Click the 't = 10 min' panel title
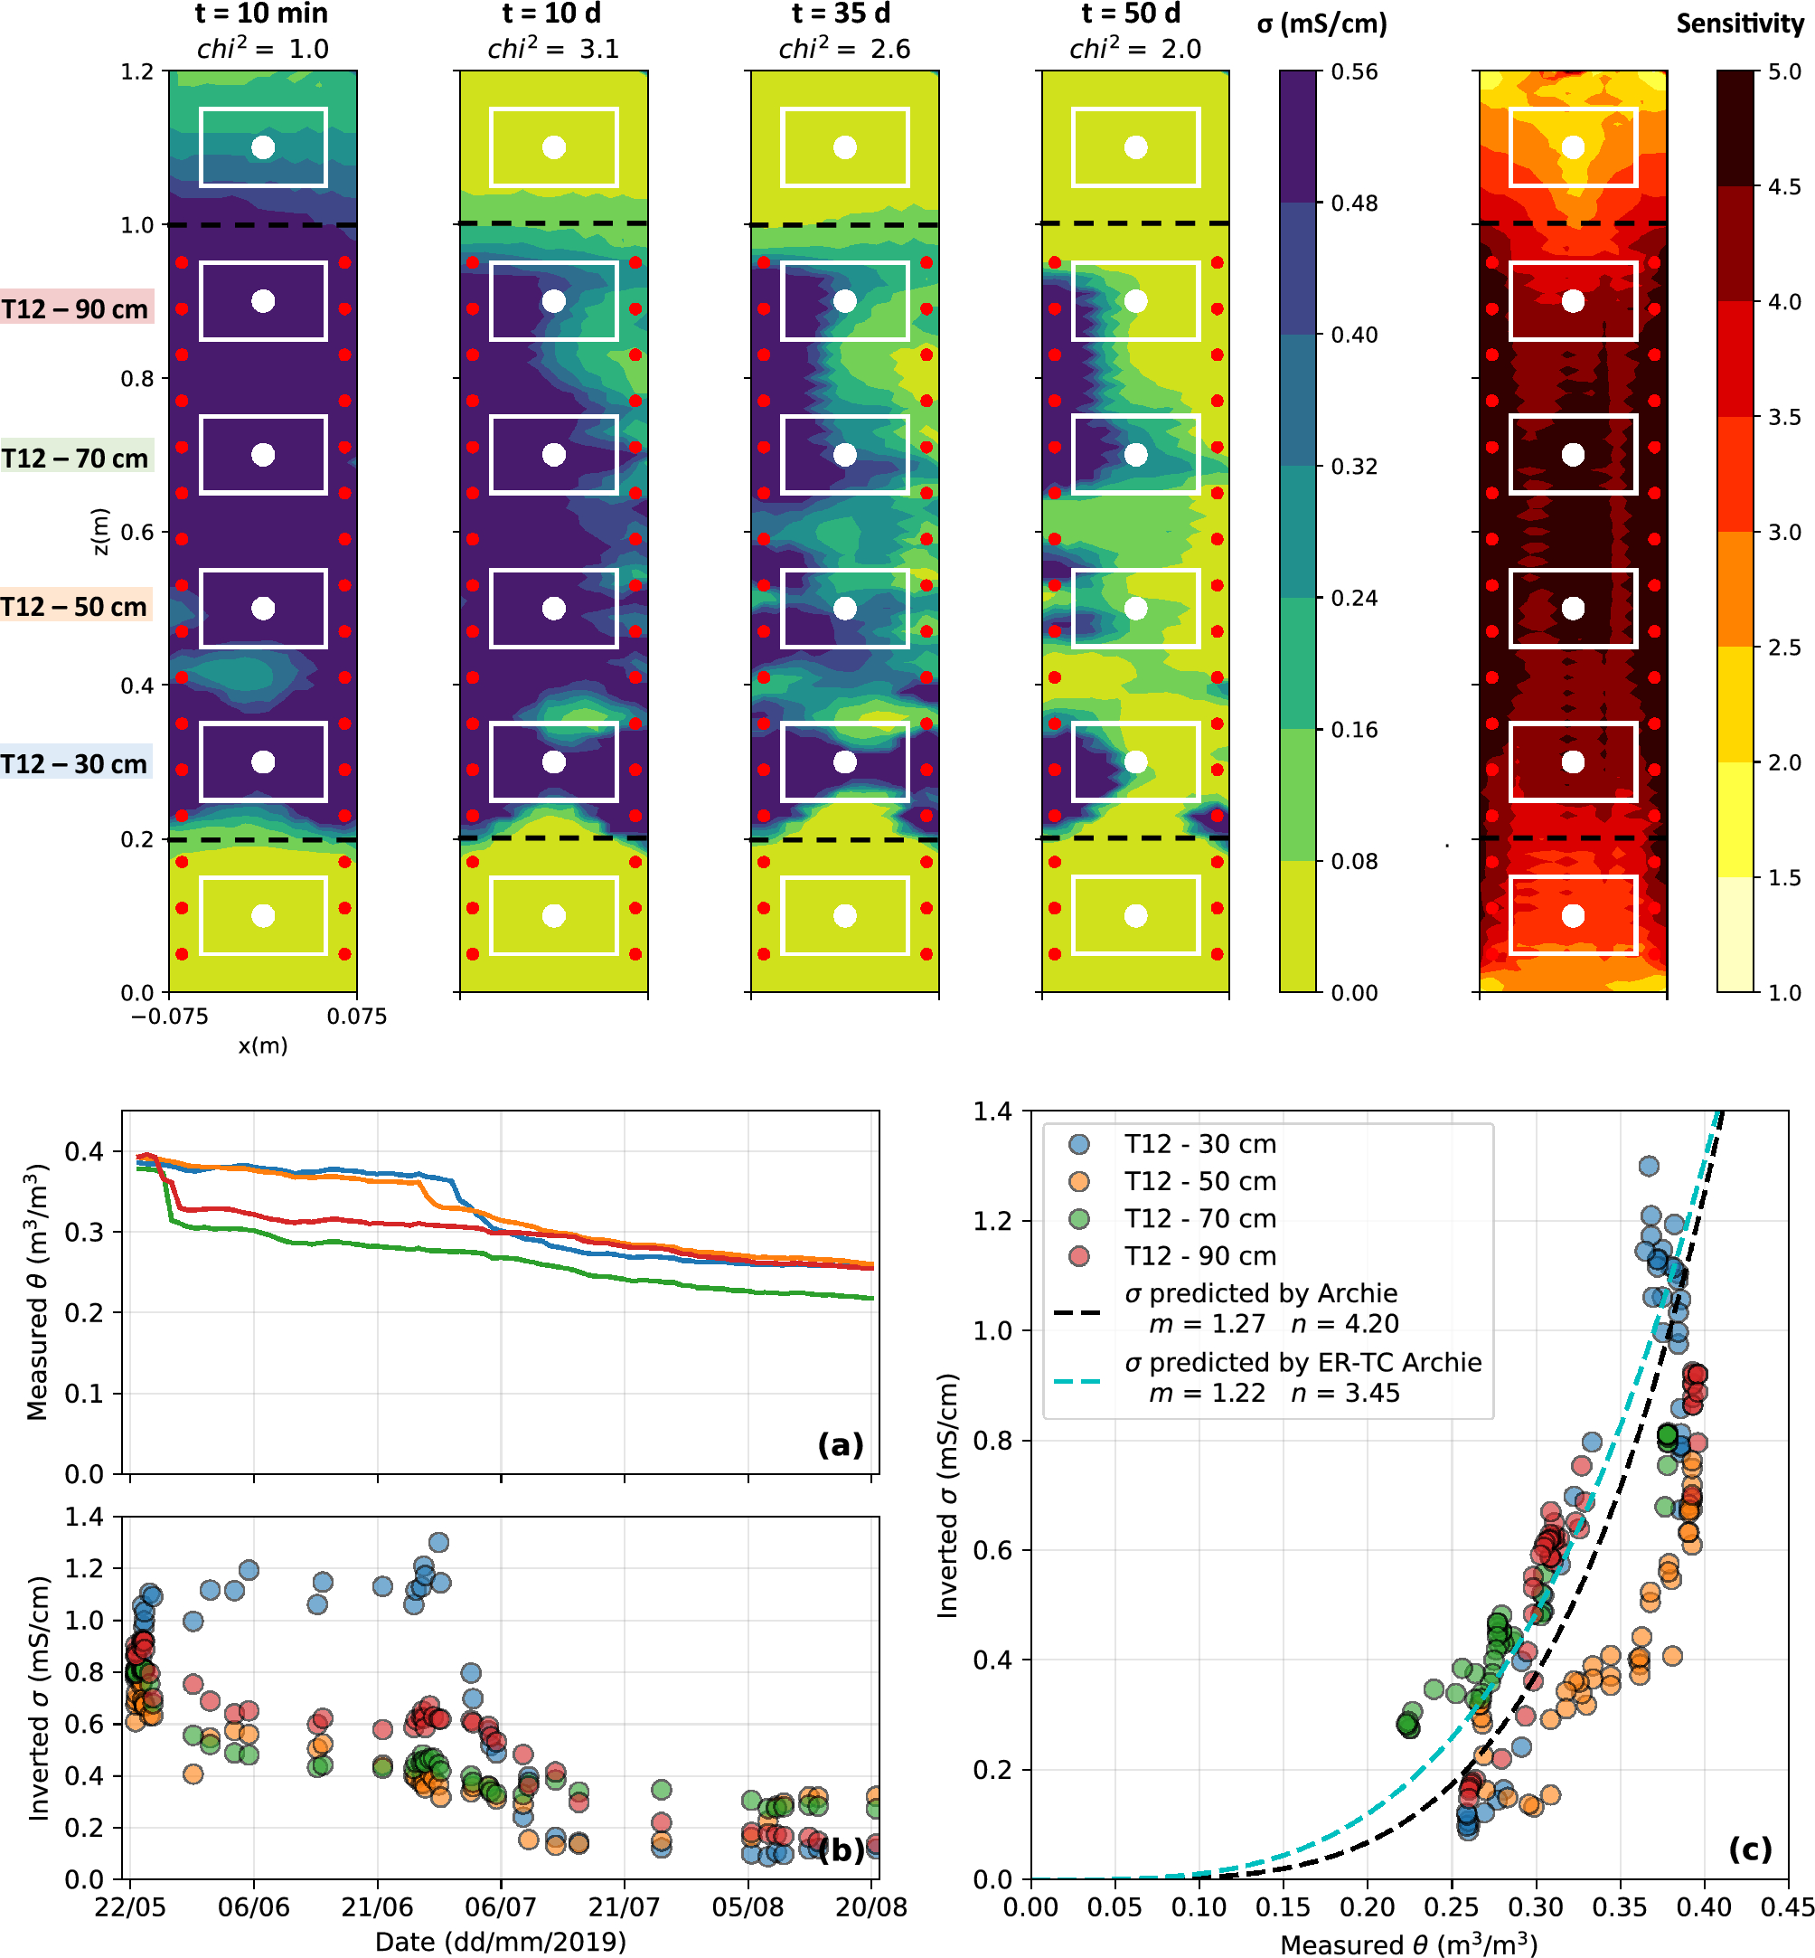[x=261, y=14]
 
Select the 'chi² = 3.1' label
[x=553, y=48]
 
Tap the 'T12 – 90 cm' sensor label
[x=76, y=309]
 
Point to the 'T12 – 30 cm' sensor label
[x=76, y=764]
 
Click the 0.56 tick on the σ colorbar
[x=1354, y=71]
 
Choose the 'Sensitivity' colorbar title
[x=1738, y=24]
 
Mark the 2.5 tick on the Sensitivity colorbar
[x=1783, y=648]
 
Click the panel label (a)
[x=840, y=1443]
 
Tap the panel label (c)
[x=1749, y=1848]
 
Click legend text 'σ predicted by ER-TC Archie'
[x=1302, y=1362]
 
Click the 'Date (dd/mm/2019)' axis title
[x=500, y=1940]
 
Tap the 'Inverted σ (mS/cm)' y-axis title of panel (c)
[x=946, y=1494]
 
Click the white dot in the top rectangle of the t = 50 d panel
[x=1135, y=147]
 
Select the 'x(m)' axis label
[x=262, y=1045]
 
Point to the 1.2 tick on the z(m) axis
[x=137, y=71]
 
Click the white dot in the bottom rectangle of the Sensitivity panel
[x=1573, y=915]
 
